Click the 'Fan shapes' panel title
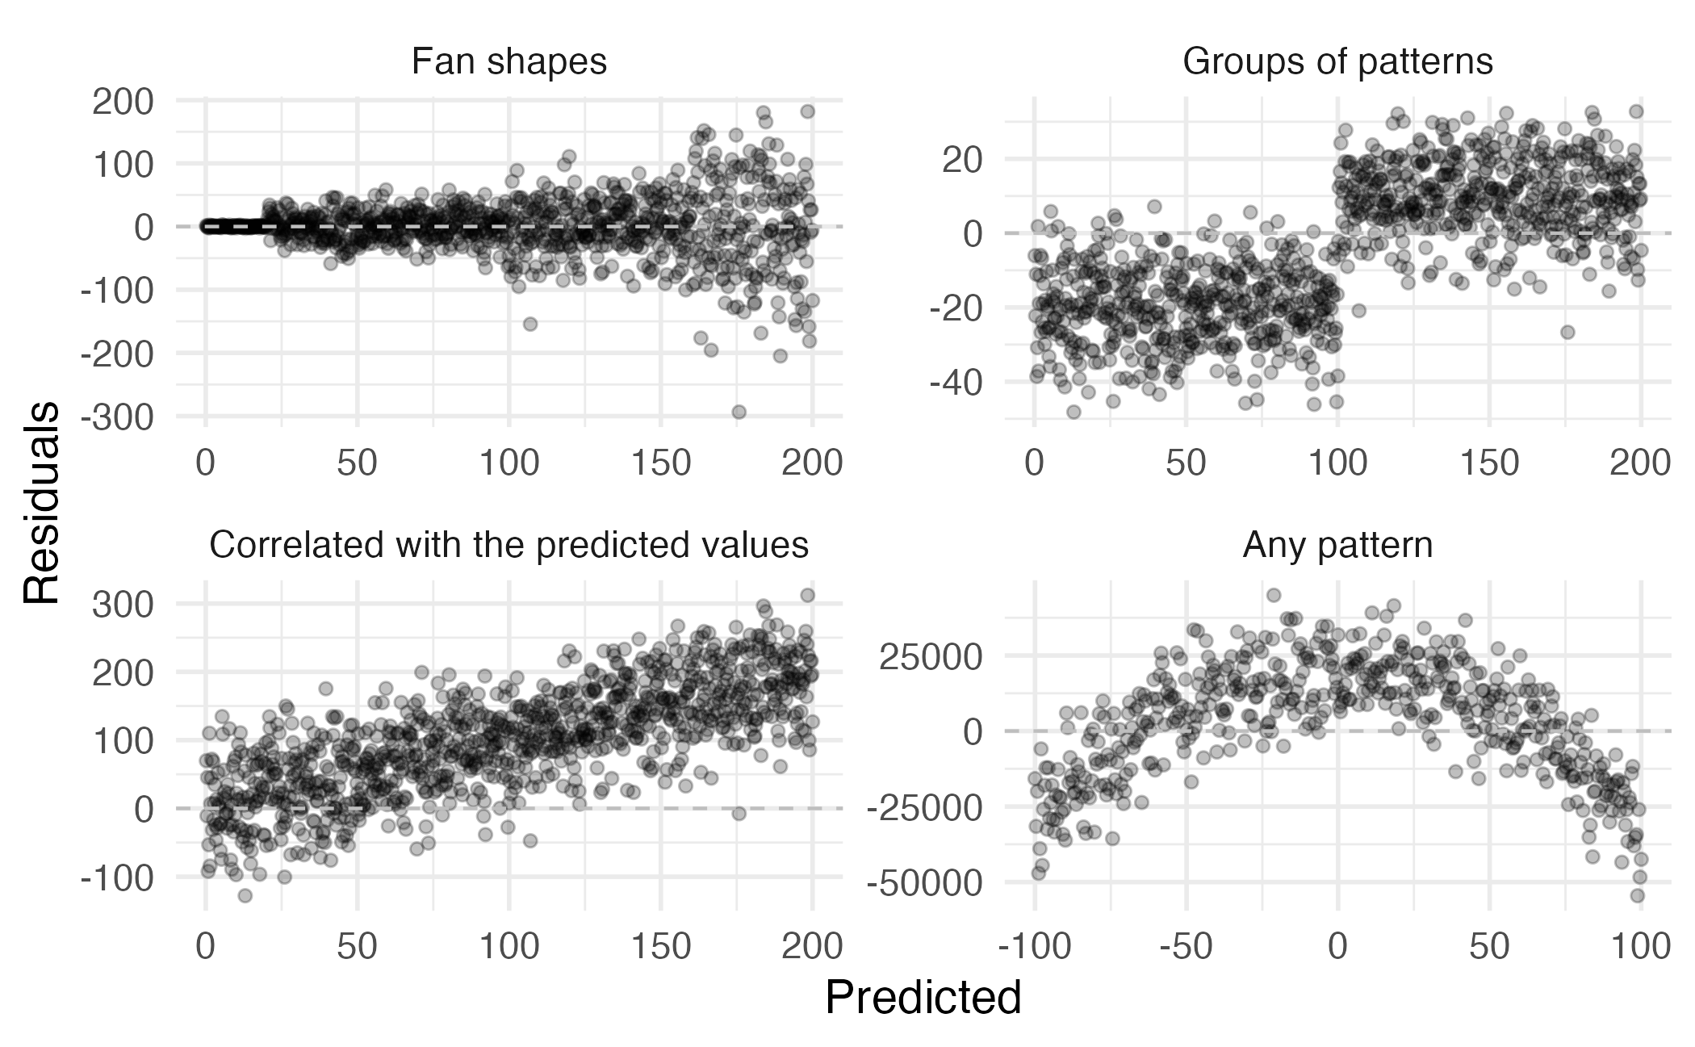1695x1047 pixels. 508,62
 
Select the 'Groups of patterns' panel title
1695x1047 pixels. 1337,62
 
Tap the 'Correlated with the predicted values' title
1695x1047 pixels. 508,546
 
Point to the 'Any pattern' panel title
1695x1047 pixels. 1337,546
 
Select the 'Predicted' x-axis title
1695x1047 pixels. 923,998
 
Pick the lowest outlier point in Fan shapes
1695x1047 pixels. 739,412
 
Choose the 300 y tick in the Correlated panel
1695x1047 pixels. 123,604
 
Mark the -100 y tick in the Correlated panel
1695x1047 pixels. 117,877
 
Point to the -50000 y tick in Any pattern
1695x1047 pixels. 925,884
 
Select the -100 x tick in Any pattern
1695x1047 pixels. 1034,947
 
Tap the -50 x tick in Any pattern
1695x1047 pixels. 1186,947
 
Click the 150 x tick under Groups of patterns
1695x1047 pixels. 1489,463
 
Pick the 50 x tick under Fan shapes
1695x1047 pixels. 358,463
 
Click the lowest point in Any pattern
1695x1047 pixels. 1637,895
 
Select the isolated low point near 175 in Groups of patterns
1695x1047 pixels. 1567,332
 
